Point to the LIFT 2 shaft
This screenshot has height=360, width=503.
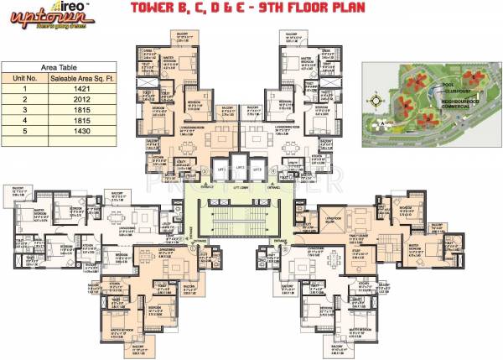click(x=240, y=169)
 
